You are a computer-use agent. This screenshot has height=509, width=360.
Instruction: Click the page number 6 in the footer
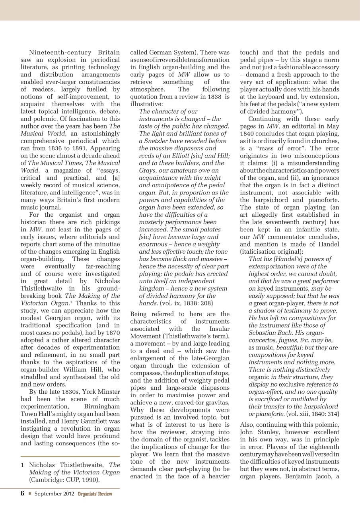[22, 493]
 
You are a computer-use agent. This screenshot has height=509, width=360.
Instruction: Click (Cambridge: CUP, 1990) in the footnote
[64, 480]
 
